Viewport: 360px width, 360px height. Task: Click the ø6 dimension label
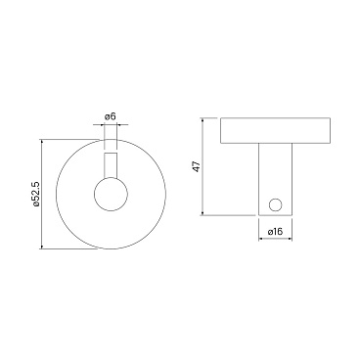tap(111, 116)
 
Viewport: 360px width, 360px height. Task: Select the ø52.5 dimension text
tap(36, 194)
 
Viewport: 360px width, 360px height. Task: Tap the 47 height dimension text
tap(197, 166)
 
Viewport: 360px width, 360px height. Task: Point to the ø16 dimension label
tap(275, 232)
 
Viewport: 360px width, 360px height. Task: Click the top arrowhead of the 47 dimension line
tap(202, 119)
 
